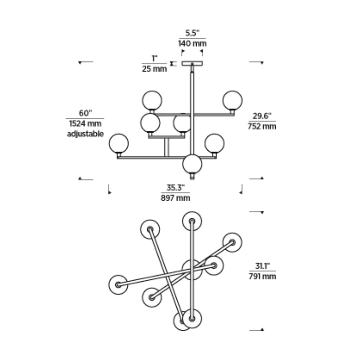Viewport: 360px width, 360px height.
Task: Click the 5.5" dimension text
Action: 193,33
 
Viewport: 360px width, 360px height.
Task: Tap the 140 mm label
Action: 193,43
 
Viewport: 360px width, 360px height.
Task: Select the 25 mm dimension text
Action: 154,69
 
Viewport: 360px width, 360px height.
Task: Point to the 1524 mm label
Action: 85,123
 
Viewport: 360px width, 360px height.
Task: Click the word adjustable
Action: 85,134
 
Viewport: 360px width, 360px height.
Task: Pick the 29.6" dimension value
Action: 262,116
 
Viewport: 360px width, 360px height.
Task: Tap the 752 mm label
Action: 262,126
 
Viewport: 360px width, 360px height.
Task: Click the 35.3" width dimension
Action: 175,188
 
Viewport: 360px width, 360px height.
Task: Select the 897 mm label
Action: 175,198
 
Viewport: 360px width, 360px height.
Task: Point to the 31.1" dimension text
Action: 262,266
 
